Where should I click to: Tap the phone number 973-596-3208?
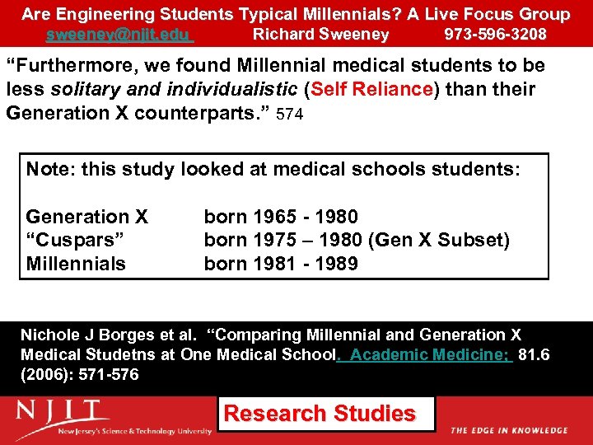click(495, 35)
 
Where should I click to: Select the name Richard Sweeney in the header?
click(320, 35)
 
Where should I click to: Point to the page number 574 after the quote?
click(290, 115)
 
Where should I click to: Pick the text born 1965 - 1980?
click(281, 218)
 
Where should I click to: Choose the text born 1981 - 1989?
click(281, 265)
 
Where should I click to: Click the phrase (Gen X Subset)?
click(439, 241)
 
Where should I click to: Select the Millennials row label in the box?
click(76, 265)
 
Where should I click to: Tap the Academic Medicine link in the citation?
click(431, 355)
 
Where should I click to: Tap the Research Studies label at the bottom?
click(320, 414)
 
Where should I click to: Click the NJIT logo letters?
click(62, 411)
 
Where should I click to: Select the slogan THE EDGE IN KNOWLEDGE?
click(508, 431)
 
